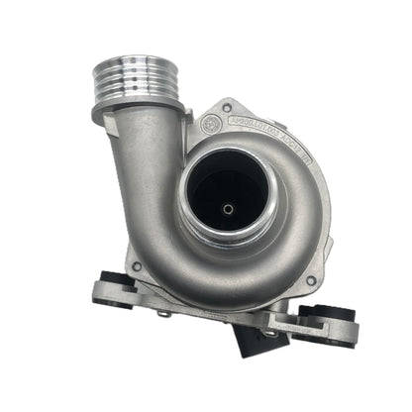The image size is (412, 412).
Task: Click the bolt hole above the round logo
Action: click(x=227, y=105)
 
